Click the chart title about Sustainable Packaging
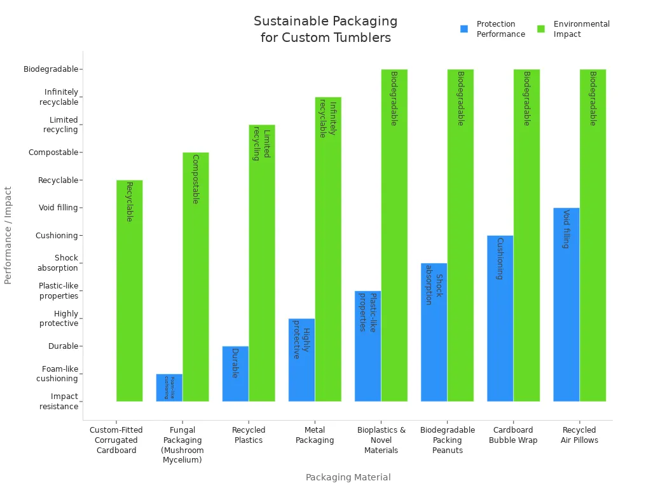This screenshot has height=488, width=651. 325,30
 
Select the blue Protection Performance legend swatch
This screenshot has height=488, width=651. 464,29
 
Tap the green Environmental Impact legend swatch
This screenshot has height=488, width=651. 541,29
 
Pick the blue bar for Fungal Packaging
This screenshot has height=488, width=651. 169,388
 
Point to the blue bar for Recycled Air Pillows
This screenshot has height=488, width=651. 566,304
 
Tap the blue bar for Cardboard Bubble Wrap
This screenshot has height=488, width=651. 500,318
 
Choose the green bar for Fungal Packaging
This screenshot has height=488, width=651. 196,276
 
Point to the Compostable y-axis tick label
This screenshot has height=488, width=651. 53,152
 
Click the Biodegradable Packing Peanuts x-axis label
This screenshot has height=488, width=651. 448,440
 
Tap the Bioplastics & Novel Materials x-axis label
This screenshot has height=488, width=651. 381,440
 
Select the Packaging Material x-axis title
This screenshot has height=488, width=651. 348,477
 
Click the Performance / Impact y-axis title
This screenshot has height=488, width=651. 8,235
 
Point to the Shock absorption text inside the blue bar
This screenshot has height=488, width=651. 434,289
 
